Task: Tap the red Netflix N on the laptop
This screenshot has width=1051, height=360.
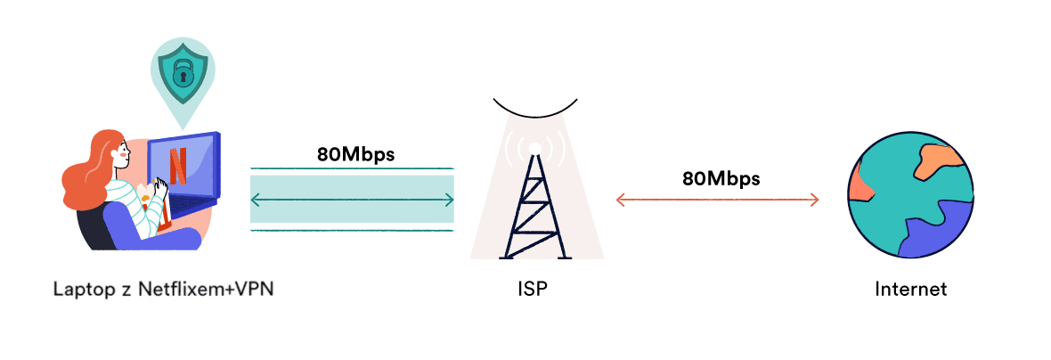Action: [x=178, y=165]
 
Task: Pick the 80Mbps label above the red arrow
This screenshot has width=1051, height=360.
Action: [x=721, y=177]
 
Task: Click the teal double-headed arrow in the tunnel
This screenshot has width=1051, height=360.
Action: [x=353, y=200]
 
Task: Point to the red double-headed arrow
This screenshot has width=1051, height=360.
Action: [x=717, y=200]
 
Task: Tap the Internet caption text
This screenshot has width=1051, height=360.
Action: [x=910, y=290]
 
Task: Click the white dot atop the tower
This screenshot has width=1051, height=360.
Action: [x=534, y=148]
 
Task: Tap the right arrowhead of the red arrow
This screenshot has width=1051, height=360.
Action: [x=814, y=200]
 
